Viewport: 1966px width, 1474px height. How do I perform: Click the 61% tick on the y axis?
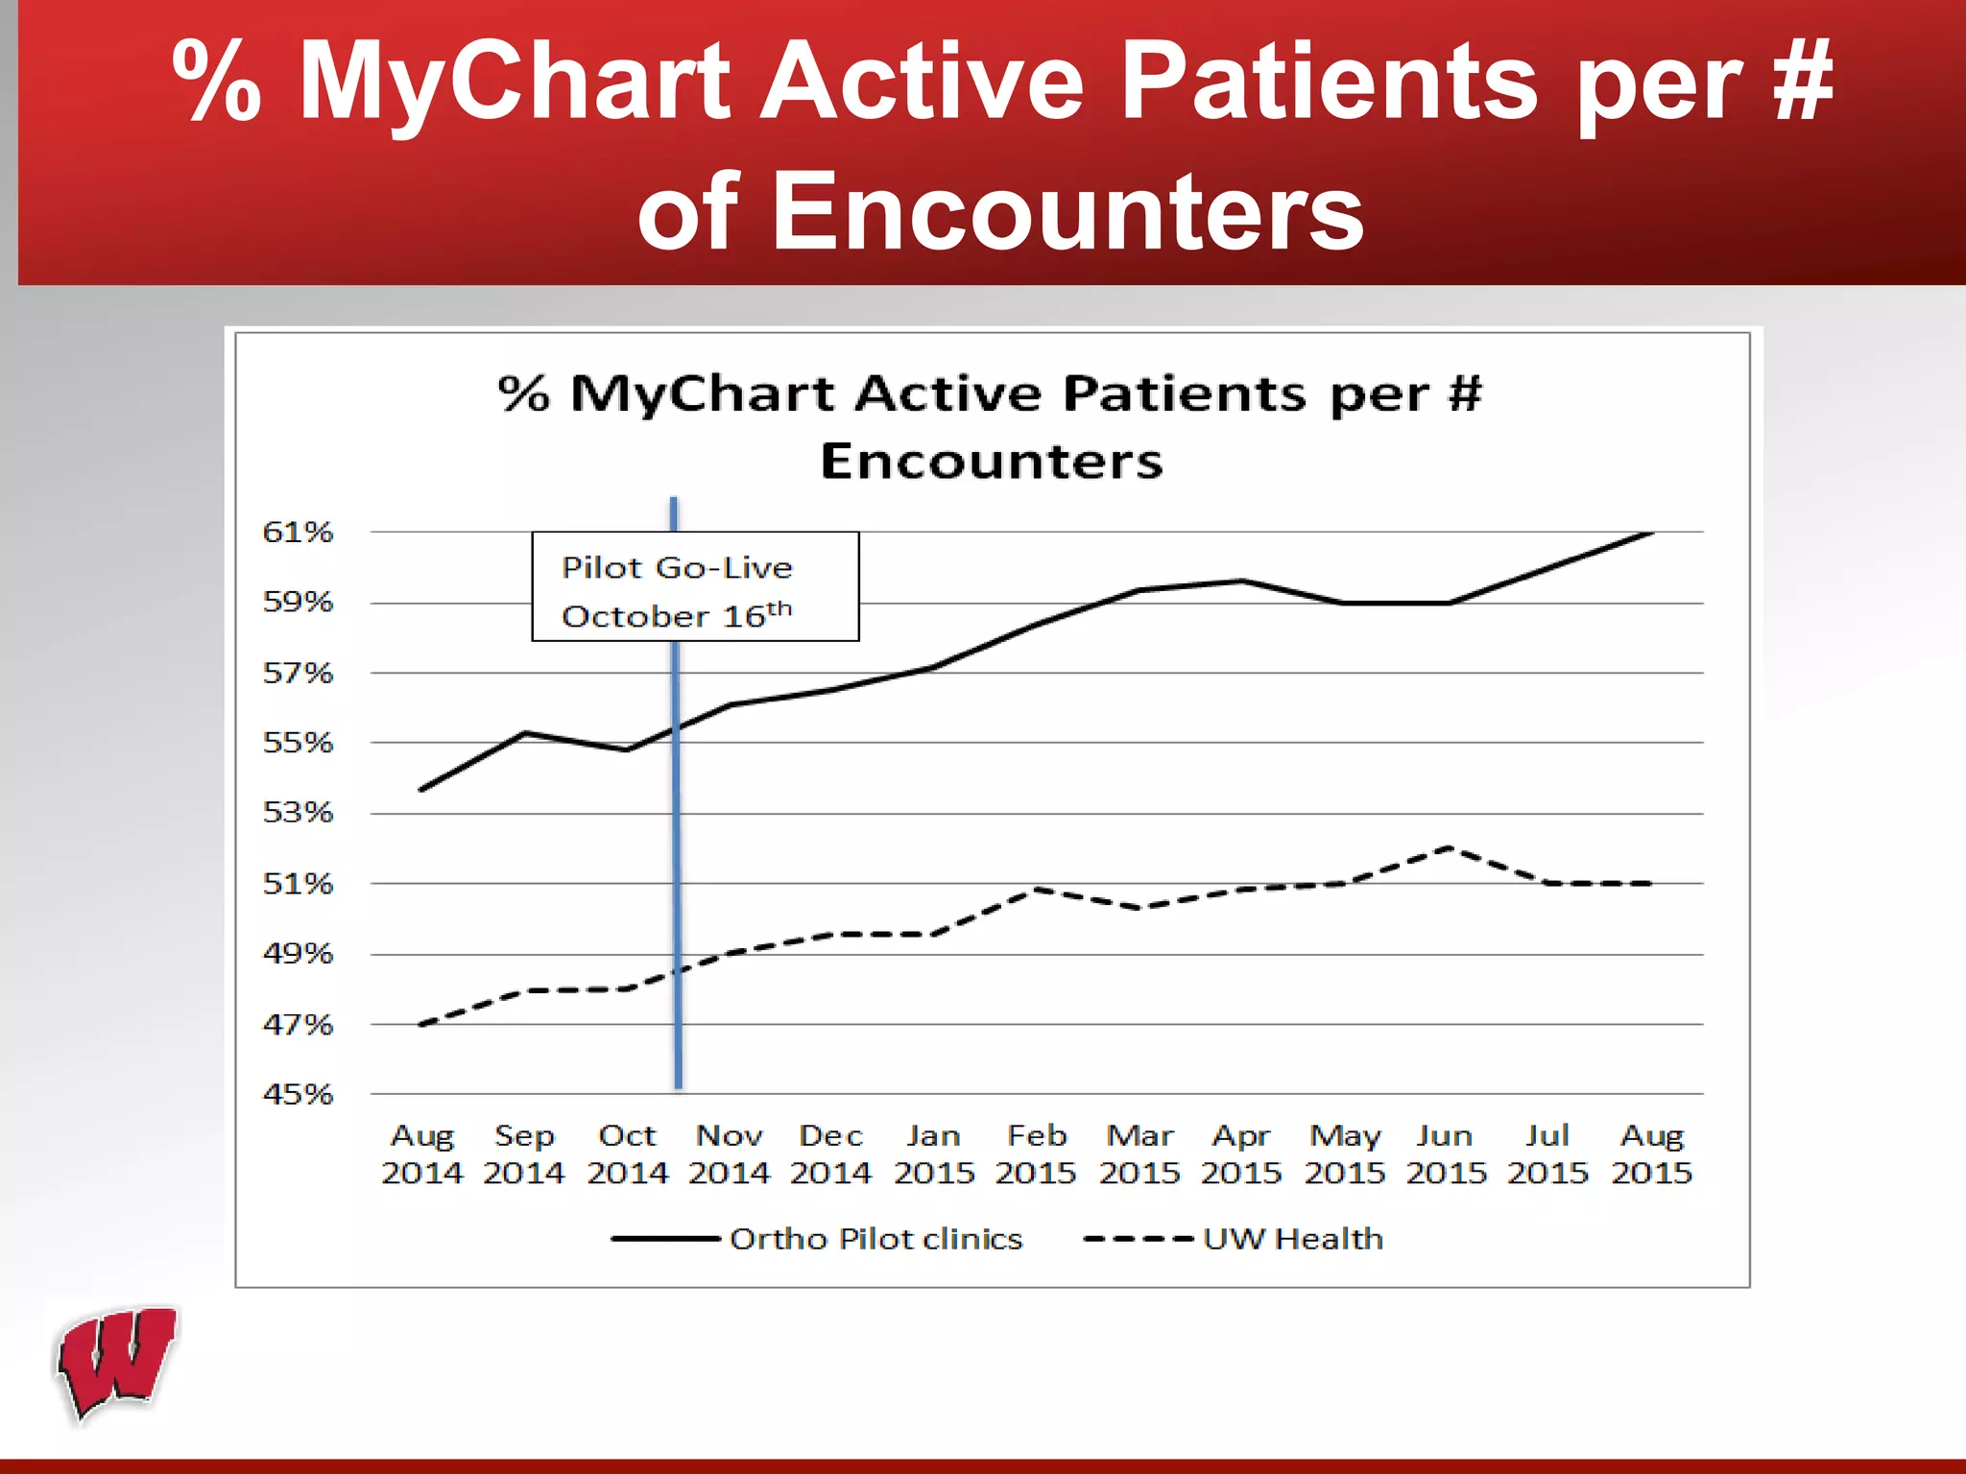298,532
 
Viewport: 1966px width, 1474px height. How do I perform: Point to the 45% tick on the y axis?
298,1094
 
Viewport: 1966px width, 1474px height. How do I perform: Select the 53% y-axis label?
298,813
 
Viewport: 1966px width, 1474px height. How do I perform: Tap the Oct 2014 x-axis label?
627,1153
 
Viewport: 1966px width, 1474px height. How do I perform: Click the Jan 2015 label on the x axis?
934,1153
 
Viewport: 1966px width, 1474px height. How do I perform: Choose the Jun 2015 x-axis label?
1446,1153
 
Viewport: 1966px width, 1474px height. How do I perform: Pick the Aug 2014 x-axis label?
422,1153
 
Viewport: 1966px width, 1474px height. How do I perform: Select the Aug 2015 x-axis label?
1651,1153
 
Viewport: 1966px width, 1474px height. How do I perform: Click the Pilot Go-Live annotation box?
695,586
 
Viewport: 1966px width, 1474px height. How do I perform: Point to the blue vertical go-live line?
678,864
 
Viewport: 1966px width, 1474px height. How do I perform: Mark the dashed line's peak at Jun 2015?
1448,847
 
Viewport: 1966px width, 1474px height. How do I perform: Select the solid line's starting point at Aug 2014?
422,789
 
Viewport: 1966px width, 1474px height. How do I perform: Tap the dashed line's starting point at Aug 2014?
422,1024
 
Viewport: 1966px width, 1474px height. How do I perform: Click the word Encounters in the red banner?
1000,211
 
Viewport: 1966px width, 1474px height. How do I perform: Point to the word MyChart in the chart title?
702,393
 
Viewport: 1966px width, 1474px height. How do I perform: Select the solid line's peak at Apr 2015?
1242,581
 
